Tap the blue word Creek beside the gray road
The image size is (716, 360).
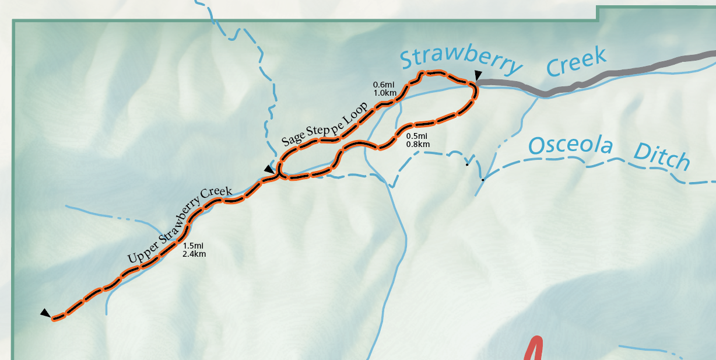coord(577,61)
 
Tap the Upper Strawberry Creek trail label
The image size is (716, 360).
coord(180,224)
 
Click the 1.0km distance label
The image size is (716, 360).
coord(385,93)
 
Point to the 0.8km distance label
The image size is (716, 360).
coord(417,144)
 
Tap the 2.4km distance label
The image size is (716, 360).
coord(194,254)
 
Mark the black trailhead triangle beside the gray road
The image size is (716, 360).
coord(478,75)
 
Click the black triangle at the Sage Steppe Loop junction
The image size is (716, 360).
coord(268,169)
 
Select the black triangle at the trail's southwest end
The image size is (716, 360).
coord(45,313)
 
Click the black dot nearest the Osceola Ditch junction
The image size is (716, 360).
coord(483,180)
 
